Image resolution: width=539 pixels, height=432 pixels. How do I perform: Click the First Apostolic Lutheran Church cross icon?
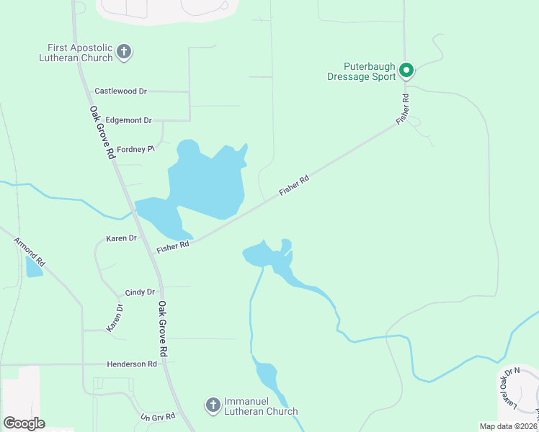click(x=124, y=52)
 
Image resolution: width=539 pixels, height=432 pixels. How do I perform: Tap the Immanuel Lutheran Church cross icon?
click(x=213, y=405)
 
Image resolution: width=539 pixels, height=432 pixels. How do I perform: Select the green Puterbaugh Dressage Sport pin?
click(x=406, y=71)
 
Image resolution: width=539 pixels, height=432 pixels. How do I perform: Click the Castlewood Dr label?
click(x=120, y=91)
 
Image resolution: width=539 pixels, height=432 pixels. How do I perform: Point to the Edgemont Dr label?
click(x=128, y=120)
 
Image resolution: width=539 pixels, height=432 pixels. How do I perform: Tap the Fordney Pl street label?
click(x=136, y=149)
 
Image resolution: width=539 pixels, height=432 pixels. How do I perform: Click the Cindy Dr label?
click(x=140, y=292)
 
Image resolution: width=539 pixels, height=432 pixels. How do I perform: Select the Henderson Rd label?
click(x=131, y=364)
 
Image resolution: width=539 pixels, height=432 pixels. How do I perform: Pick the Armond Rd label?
click(x=30, y=251)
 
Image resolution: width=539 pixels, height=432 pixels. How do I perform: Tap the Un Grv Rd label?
click(x=158, y=417)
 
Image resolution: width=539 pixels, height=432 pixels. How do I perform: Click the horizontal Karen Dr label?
click(x=121, y=238)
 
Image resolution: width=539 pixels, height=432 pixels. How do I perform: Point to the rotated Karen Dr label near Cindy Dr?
click(x=115, y=318)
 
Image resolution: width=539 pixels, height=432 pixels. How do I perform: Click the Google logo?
click(x=24, y=423)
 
